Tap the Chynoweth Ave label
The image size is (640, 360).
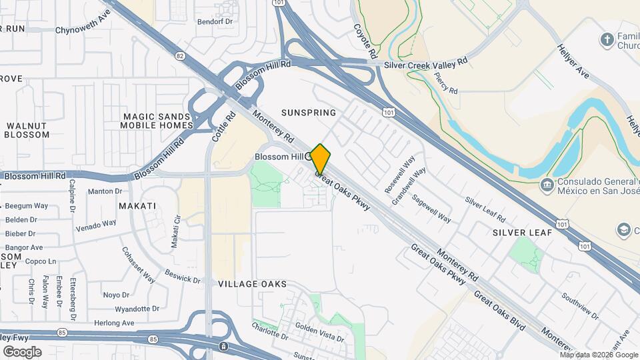point(83,30)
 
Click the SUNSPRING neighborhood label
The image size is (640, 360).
point(309,113)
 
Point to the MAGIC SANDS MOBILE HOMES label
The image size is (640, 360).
point(157,121)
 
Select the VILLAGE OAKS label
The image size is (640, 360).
point(253,284)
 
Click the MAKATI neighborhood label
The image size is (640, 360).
point(137,206)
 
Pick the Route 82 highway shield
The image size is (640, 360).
point(180,57)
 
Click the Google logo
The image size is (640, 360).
point(21,352)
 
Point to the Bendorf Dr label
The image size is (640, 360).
point(217,21)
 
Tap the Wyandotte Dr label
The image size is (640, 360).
point(137,309)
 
